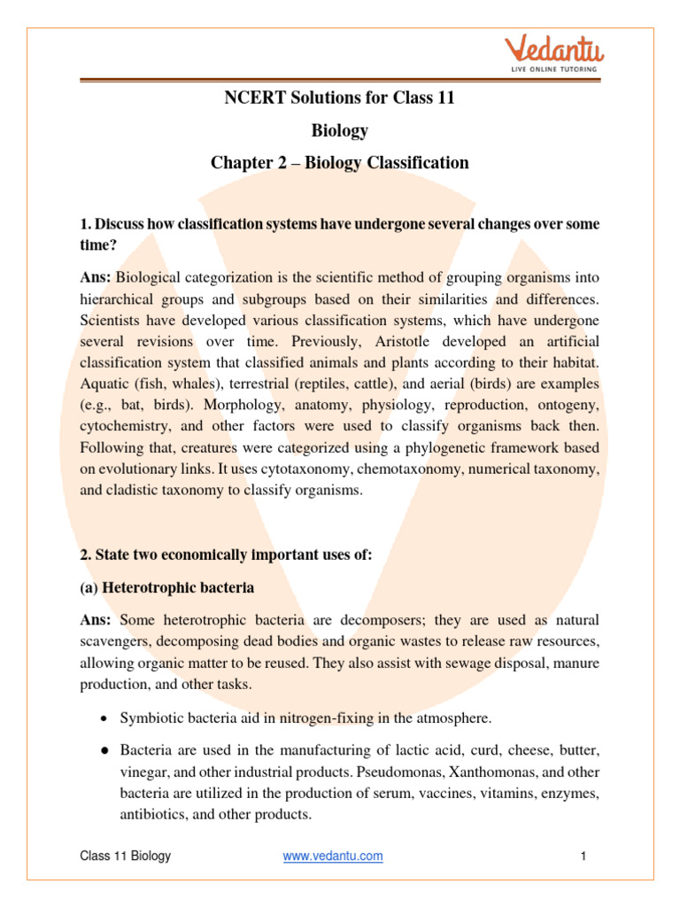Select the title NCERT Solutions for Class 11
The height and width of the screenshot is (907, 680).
pyautogui.click(x=339, y=98)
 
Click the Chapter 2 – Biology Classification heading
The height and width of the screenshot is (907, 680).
pyautogui.click(x=339, y=163)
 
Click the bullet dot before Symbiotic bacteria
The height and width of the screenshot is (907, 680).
pyautogui.click(x=104, y=718)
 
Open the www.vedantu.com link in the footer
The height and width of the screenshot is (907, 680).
pyautogui.click(x=333, y=856)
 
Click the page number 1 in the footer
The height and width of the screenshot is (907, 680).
pyautogui.click(x=584, y=856)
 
